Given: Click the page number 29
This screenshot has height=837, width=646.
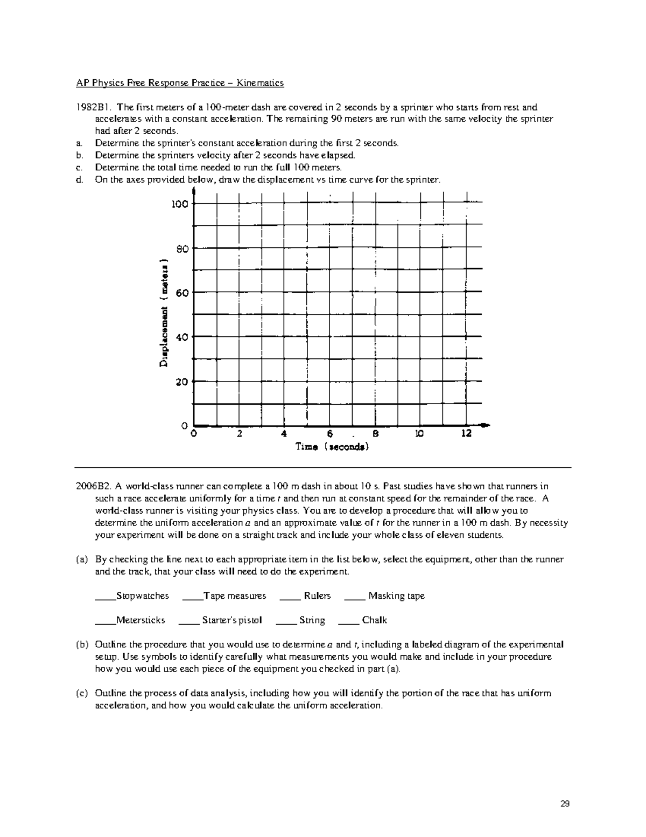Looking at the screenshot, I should (565, 804).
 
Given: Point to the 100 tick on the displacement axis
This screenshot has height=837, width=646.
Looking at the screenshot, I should (180, 204).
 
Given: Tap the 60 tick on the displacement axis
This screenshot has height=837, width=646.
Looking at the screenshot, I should (182, 293).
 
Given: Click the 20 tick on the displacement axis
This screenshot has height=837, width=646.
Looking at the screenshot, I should (182, 382).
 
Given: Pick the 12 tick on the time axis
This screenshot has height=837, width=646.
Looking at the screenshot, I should (466, 434).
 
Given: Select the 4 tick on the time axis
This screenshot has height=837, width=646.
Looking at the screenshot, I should (284, 434).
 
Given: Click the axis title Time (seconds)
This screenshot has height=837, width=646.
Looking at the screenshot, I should (332, 447).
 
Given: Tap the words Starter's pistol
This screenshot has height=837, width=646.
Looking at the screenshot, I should (231, 620).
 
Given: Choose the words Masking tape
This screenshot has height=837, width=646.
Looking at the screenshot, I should (396, 596).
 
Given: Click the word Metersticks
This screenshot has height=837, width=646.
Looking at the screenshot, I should (141, 620).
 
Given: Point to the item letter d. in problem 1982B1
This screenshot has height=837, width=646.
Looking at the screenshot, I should (79, 180).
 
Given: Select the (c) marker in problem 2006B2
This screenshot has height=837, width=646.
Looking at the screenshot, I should (80, 693).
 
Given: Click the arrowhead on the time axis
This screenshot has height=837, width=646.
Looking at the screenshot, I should (486, 425).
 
